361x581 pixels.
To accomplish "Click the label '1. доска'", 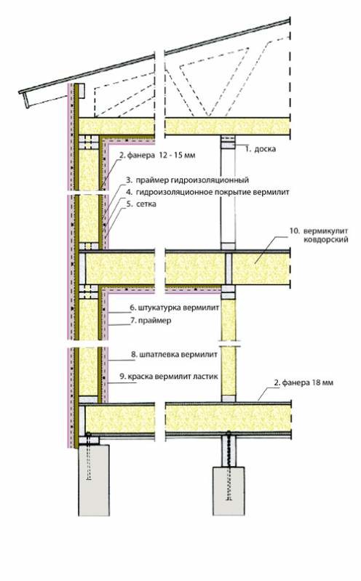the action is (260, 149).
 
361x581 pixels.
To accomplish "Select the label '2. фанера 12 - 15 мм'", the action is (157, 156).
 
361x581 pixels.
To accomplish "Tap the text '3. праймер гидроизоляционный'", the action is (187, 180).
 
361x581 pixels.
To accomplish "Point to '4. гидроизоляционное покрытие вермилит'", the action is (207, 192).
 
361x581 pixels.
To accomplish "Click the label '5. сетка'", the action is (141, 204).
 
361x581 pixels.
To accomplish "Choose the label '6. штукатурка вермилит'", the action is (175, 308).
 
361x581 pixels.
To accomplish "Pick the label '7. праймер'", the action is (151, 320).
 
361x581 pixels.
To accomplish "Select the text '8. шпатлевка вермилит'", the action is (175, 354).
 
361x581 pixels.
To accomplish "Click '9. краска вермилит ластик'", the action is (169, 377).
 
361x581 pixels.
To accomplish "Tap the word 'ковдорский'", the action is (326, 240).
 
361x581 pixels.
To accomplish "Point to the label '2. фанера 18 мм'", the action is (304, 382).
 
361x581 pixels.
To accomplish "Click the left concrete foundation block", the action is (94, 479).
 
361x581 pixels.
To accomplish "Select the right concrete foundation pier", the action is (229, 491).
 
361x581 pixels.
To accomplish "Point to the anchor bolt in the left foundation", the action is (88, 456).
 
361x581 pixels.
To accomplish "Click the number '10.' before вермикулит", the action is (294, 231).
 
